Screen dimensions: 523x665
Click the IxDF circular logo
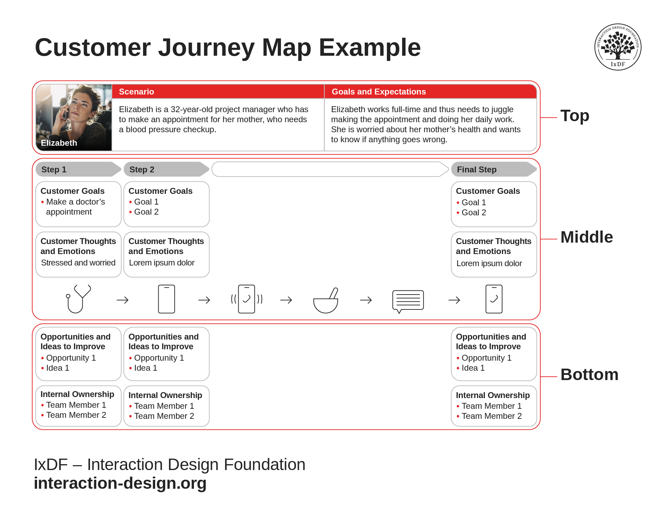pyautogui.click(x=618, y=47)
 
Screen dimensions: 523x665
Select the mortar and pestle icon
pyautogui.click(x=326, y=300)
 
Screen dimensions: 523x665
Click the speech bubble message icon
pyautogui.click(x=408, y=300)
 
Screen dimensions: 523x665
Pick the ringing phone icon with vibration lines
pyautogui.click(x=247, y=299)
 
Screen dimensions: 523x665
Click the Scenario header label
pyautogui.click(x=136, y=92)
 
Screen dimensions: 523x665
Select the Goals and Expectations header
pyautogui.click(x=379, y=92)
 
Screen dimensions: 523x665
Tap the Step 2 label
pyautogui.click(x=142, y=170)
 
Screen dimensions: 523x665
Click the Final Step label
pyautogui.click(x=477, y=170)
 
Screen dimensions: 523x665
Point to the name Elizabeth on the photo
pyautogui.click(x=59, y=143)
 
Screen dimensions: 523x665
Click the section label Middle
pyautogui.click(x=586, y=237)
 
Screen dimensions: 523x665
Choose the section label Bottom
pyautogui.click(x=589, y=375)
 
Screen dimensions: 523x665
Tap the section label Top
pyautogui.click(x=575, y=116)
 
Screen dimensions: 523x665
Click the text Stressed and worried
pyautogui.click(x=78, y=263)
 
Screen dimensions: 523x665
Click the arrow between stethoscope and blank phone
pyautogui.click(x=123, y=300)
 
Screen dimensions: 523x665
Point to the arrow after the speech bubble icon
pyautogui.click(x=454, y=300)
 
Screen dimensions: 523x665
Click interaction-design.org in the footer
pyautogui.click(x=120, y=483)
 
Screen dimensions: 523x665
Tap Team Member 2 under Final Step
pyautogui.click(x=491, y=416)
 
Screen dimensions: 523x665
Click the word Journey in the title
pyautogui.click(x=206, y=47)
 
